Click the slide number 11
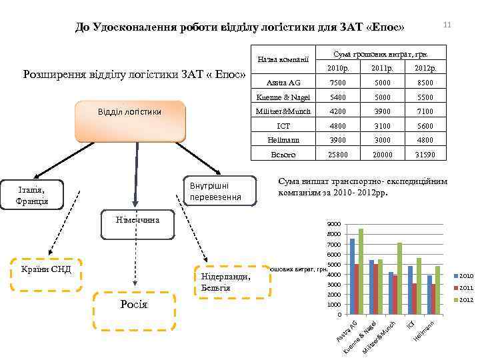pos(447,25)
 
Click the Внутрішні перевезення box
pos(219,190)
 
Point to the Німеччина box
pos(136,225)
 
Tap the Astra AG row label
pos(283,83)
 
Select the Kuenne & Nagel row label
pos(283,97)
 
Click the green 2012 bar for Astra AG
pos(361,271)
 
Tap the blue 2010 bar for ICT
pos(411,290)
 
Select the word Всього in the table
pos(283,154)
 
